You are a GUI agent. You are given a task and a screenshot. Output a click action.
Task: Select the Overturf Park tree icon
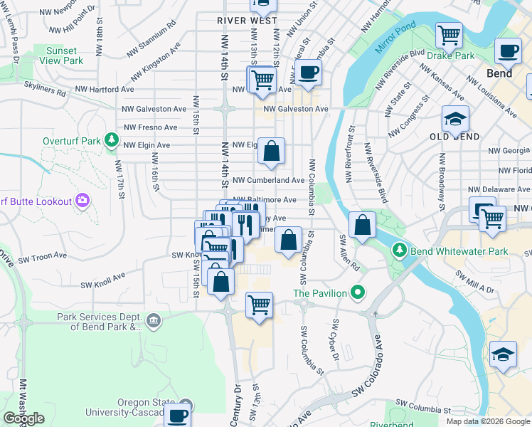tap(112, 141)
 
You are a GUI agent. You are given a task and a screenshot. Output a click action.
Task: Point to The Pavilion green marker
tap(358, 292)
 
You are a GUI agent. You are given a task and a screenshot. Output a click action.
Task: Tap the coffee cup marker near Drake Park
tap(509, 51)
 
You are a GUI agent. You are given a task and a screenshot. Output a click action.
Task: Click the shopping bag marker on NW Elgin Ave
tap(271, 151)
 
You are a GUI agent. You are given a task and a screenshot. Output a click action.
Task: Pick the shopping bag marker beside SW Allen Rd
tap(363, 225)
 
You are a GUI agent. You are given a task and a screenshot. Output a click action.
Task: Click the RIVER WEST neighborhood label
tap(248, 21)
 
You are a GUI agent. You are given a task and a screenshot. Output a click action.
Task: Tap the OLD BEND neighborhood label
tap(454, 136)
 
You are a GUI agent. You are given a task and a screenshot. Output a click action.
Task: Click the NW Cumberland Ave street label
tap(269, 181)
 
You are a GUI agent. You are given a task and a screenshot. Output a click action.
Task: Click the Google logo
tap(23, 418)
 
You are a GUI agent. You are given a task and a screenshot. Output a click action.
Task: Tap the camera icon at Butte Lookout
tap(83, 201)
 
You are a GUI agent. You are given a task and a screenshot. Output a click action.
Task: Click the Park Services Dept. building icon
tap(153, 322)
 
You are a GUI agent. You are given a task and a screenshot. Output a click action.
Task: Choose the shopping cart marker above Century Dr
tap(259, 305)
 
